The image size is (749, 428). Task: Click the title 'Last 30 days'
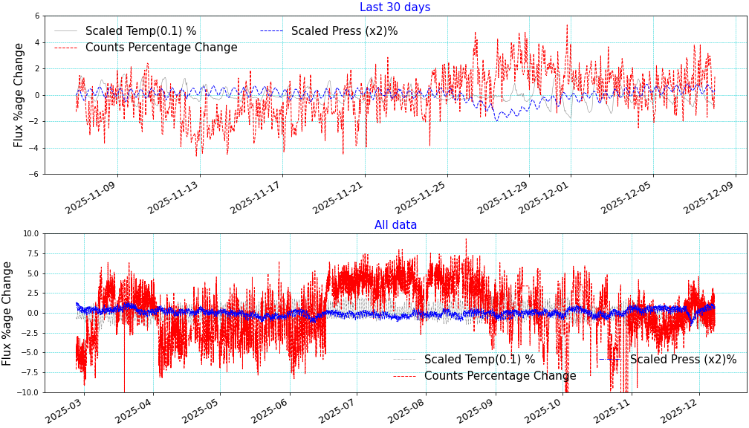[x=395, y=7]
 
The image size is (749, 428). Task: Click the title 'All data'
[x=395, y=225]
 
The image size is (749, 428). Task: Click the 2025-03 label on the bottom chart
[x=65, y=410]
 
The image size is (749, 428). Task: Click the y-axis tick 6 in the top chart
[x=38, y=16]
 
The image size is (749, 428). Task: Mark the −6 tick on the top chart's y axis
[x=36, y=174]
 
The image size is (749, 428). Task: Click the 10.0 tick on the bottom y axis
[x=30, y=233]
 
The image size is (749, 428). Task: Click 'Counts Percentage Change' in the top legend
[x=161, y=48]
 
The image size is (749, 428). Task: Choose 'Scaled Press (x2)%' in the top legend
[x=344, y=31]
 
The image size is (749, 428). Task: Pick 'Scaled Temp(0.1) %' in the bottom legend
[x=479, y=360]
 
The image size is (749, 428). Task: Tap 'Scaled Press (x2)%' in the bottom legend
[x=683, y=360]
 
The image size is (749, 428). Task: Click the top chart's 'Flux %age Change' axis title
[x=19, y=94]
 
